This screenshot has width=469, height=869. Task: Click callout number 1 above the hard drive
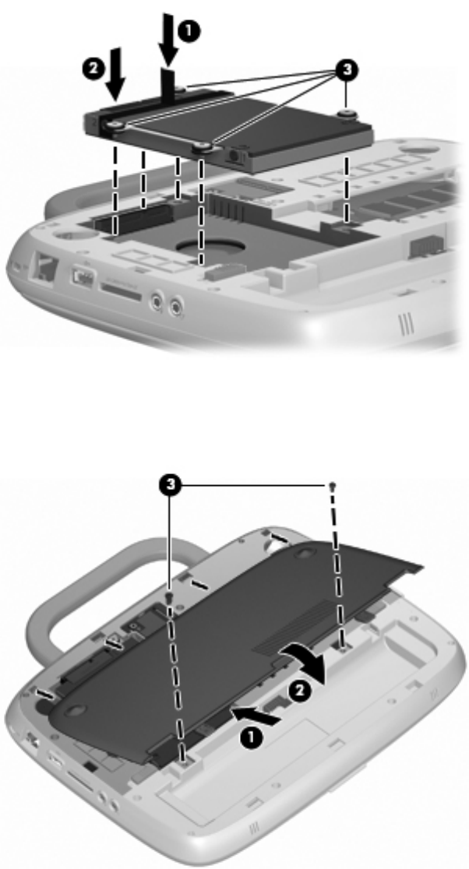[x=189, y=32]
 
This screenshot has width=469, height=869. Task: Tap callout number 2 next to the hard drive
[x=93, y=69]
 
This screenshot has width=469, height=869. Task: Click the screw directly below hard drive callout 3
[x=345, y=114]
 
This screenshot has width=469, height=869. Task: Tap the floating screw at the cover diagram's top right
[x=331, y=486]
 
